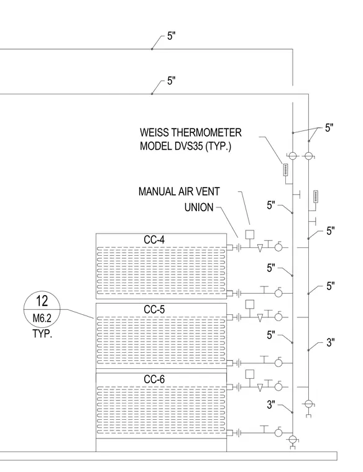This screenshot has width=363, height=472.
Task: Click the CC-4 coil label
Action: pos(154,240)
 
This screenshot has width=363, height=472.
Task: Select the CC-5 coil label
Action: pos(154,309)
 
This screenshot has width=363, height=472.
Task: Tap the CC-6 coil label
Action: pos(154,379)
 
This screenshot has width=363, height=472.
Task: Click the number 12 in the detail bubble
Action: pos(42,301)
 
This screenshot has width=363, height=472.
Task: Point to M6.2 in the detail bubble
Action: pos(42,318)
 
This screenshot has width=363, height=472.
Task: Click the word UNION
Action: pos(199,207)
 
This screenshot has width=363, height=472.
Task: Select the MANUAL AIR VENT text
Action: pos(179,191)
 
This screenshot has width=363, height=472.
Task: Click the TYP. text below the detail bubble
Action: pos(42,334)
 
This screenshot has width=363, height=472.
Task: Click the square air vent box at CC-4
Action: pos(250,235)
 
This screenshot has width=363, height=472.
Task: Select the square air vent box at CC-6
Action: pos(250,374)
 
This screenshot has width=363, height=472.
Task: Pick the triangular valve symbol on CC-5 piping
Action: pos(260,318)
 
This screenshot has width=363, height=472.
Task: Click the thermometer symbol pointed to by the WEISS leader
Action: pos(285,170)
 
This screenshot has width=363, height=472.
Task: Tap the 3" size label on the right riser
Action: pos(331,343)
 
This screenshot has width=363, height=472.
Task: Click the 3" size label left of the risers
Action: pos(271,405)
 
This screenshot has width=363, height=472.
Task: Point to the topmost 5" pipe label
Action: pos(172,36)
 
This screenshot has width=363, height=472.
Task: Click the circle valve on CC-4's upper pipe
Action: pos(278,247)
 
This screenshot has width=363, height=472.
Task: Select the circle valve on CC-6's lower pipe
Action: pos(278,433)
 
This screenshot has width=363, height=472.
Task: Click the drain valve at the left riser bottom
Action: pos(292,441)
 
